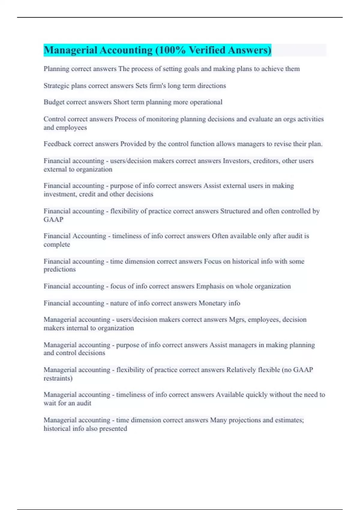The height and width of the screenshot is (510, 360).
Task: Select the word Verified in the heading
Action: [207, 50]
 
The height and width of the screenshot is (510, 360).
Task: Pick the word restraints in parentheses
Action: [58, 378]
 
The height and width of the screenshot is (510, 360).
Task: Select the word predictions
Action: [59, 269]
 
